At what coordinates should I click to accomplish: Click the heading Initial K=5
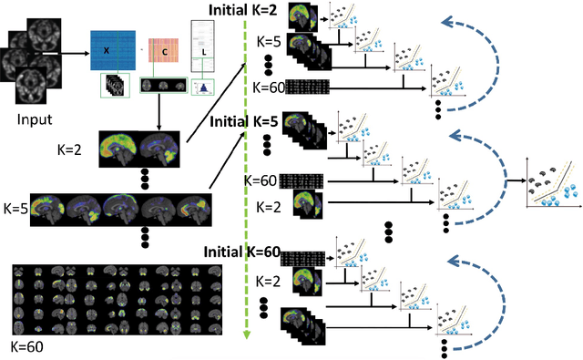coord(245,120)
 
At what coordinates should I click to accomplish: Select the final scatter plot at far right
coord(552,187)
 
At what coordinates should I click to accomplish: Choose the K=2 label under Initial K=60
coord(269,283)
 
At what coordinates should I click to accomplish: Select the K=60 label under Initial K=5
coord(261,180)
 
